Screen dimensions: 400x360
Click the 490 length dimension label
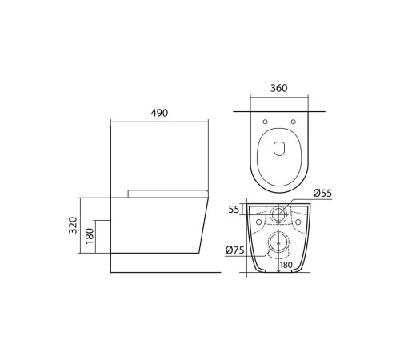(159, 113)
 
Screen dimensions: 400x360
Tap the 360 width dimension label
(279, 88)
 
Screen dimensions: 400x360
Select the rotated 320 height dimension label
(73, 226)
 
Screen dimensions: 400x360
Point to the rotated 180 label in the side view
(90, 236)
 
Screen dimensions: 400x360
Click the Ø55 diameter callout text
(322, 193)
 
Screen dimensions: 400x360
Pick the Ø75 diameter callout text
(235, 250)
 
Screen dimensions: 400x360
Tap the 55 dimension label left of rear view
(234, 210)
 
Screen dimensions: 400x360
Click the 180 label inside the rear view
(286, 265)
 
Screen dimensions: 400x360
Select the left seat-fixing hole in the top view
(265, 122)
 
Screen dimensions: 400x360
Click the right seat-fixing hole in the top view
(294, 122)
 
